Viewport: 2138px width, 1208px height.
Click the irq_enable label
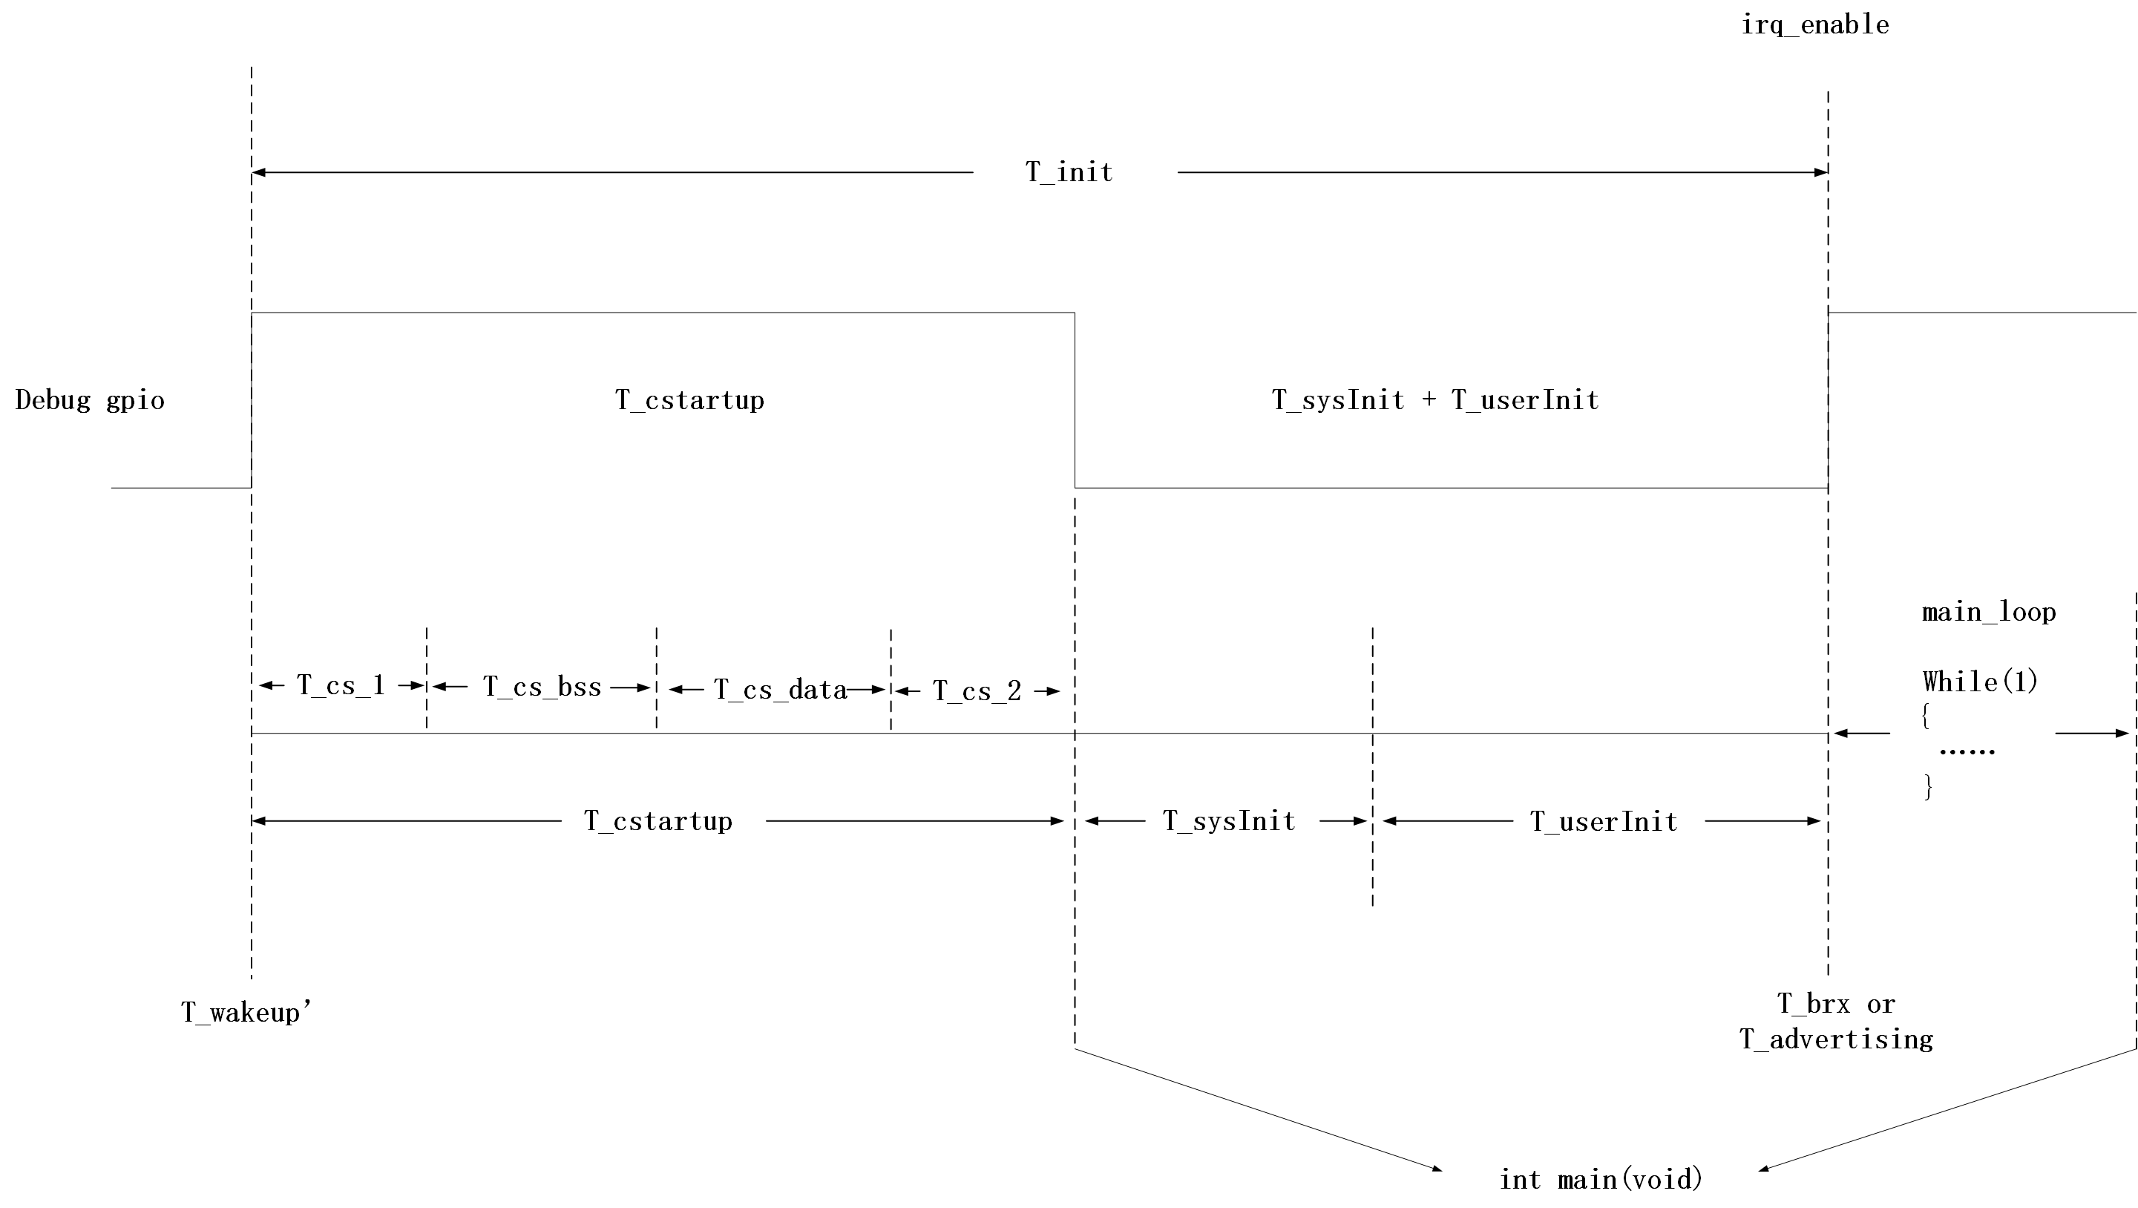(x=1814, y=25)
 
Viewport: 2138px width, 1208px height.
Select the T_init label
(x=1069, y=172)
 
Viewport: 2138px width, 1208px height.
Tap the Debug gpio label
(x=90, y=400)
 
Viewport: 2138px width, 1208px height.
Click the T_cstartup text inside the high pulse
(x=689, y=400)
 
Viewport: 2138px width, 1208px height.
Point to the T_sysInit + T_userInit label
(x=1435, y=400)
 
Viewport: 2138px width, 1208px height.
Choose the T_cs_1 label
(x=341, y=685)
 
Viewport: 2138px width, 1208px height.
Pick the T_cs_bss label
(x=542, y=687)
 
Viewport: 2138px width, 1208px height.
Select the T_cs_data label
(x=780, y=689)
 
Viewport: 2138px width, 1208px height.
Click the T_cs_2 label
(x=977, y=690)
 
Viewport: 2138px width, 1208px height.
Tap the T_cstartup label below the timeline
(x=658, y=821)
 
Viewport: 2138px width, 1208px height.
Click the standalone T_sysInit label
(x=1228, y=821)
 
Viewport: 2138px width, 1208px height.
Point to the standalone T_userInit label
(x=1604, y=822)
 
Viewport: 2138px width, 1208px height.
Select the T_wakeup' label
(x=246, y=1012)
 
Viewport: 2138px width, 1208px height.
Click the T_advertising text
(x=1836, y=1039)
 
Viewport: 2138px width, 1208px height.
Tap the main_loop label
(x=1989, y=613)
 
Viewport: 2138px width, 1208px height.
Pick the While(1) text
(x=1981, y=682)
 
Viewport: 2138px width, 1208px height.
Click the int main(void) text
(x=1601, y=1180)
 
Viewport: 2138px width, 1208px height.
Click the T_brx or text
(x=1836, y=1004)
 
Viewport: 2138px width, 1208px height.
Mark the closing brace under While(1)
(x=1929, y=786)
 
